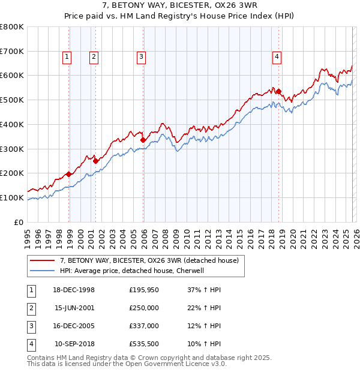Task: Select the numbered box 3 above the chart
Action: [141, 57]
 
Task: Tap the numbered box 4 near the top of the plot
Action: [277, 57]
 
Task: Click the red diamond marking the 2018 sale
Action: [279, 91]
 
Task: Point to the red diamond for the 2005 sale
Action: [143, 140]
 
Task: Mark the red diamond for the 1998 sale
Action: [69, 174]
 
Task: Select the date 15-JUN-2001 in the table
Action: [74, 308]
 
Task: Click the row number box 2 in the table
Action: [31, 308]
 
